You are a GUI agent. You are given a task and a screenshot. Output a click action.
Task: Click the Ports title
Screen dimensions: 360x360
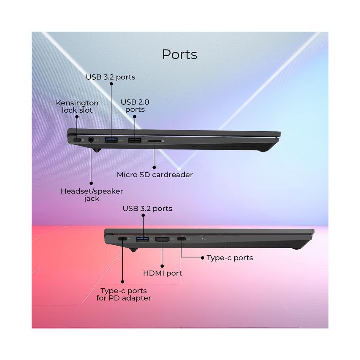(x=180, y=55)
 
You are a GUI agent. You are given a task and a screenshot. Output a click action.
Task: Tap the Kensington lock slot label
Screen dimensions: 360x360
(x=77, y=107)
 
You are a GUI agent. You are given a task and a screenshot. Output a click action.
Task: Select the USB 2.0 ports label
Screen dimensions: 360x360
(x=135, y=106)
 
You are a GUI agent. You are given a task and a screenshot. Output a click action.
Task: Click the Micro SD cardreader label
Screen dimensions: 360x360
(x=155, y=175)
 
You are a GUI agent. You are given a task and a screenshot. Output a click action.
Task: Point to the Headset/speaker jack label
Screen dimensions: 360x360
(x=92, y=195)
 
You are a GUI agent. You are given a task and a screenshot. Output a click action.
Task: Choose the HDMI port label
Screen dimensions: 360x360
(x=162, y=273)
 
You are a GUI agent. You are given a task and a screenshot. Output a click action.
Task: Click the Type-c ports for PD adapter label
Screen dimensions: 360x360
(x=124, y=294)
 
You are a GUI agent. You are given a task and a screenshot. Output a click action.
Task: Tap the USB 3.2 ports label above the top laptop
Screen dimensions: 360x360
(x=110, y=77)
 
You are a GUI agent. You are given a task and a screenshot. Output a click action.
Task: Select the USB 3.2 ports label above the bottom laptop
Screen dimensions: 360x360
(x=147, y=209)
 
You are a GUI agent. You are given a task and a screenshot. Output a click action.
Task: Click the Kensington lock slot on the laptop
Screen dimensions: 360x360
(x=77, y=140)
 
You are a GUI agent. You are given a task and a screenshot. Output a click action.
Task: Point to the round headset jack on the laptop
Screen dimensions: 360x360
(x=91, y=140)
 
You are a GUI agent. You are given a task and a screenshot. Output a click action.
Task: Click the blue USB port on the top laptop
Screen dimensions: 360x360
(x=111, y=140)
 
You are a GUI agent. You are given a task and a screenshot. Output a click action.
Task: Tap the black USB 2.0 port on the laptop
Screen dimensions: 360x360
(x=135, y=140)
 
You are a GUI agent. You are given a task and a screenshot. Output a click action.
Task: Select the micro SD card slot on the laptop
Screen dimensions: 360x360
(x=155, y=141)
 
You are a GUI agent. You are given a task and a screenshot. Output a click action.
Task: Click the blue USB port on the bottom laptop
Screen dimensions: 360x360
(x=142, y=239)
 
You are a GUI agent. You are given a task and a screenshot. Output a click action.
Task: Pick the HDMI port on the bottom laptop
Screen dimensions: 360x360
(x=162, y=239)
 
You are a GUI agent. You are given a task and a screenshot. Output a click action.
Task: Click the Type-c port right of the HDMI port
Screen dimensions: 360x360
(x=181, y=239)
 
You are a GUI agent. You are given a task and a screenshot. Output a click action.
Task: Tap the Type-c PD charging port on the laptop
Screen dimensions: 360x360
(x=122, y=239)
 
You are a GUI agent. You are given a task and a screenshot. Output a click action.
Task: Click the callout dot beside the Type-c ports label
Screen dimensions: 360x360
(x=203, y=258)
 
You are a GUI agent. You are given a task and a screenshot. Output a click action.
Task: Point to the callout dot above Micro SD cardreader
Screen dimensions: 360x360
(x=154, y=167)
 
